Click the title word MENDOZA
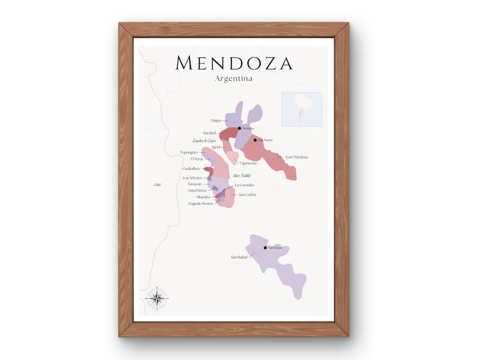[x=233, y=63]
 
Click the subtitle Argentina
[x=233, y=79]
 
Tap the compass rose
[x=157, y=297]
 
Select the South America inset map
[x=302, y=109]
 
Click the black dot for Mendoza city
[x=239, y=128]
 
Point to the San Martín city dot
[x=255, y=140]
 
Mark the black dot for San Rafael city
[x=265, y=248]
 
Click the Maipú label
[x=216, y=121]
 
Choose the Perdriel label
[x=209, y=133]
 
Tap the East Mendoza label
[x=297, y=157]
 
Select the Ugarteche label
[x=248, y=163]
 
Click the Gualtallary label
[x=191, y=169]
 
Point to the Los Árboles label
[x=193, y=178]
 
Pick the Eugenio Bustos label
[x=200, y=204]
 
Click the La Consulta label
[x=244, y=185]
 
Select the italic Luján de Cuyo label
[x=204, y=140]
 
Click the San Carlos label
[x=247, y=194]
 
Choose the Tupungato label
[x=189, y=152]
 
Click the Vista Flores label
[x=197, y=190]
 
